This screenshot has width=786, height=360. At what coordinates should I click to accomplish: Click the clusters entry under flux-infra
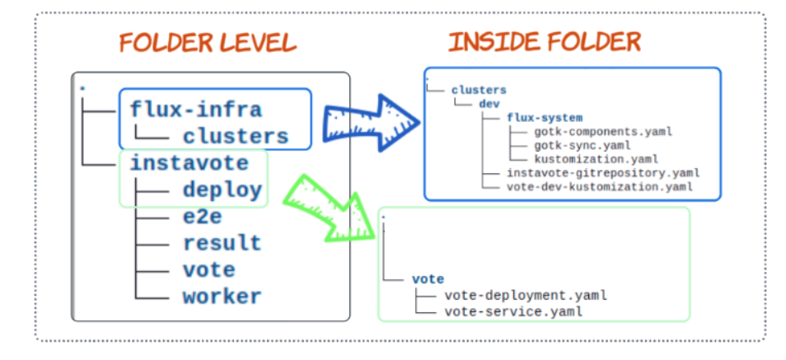click(x=236, y=136)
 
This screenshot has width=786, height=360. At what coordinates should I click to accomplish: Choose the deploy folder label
click(x=222, y=190)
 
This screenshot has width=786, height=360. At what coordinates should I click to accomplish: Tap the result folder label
click(x=222, y=243)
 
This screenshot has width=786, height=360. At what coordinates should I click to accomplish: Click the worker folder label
click(x=222, y=296)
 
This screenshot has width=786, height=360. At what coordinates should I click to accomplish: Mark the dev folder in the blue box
click(x=489, y=104)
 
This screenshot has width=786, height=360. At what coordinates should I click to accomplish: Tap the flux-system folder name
click(x=545, y=117)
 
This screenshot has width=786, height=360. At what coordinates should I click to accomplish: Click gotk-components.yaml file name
click(x=600, y=131)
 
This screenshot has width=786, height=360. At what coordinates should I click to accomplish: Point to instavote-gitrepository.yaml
click(x=603, y=172)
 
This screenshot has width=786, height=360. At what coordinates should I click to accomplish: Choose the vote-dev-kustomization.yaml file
click(x=599, y=186)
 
